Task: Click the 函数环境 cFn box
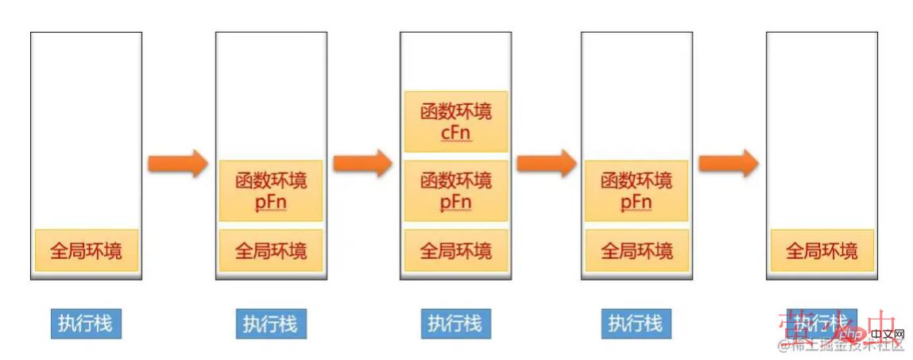[455, 121]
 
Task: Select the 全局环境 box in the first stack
[87, 251]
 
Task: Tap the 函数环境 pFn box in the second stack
[270, 190]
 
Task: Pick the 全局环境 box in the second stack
[270, 251]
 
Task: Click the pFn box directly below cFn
[455, 190]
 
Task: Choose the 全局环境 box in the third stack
[455, 251]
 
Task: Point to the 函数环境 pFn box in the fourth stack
[636, 190]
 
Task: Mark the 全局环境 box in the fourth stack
[636, 251]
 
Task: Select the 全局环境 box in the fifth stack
[822, 251]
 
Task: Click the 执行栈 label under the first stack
[86, 323]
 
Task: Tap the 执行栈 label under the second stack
[270, 323]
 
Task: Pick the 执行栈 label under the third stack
[455, 323]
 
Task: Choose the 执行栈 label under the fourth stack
[636, 323]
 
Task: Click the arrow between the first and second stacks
[178, 165]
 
